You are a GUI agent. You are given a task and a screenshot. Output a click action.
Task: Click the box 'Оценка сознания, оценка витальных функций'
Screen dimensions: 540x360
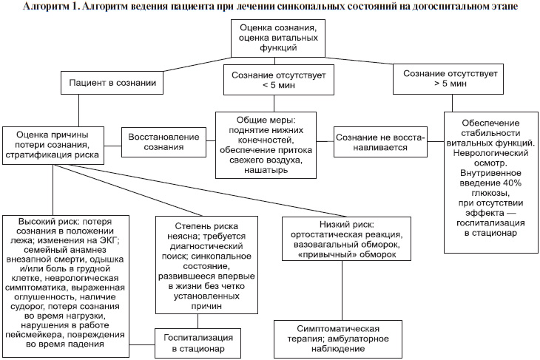(278, 38)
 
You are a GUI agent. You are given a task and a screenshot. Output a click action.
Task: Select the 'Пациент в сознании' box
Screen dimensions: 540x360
(112, 83)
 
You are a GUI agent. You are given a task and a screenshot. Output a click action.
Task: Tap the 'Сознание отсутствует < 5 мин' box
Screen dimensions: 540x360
(279, 80)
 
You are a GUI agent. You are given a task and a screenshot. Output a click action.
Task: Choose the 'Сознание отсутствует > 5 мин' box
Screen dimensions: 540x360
(448, 78)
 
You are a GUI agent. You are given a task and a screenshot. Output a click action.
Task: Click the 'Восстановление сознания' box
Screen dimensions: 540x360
(163, 142)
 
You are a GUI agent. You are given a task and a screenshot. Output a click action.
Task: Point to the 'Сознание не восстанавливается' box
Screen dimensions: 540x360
(380, 142)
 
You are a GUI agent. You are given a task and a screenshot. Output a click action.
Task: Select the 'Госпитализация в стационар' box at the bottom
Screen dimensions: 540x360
(198, 343)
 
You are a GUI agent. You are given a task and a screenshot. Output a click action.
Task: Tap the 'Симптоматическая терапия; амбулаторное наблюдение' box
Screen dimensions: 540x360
(338, 339)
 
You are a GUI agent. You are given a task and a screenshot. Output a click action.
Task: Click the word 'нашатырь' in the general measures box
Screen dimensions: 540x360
(266, 170)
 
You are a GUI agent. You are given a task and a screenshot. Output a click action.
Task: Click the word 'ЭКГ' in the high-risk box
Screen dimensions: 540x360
(110, 240)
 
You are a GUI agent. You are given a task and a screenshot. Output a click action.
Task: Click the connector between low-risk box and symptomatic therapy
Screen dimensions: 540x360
(342, 291)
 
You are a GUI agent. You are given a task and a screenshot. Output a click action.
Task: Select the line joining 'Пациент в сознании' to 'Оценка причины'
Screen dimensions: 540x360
(79, 110)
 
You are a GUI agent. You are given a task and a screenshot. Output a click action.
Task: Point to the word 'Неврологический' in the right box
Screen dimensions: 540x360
(490, 153)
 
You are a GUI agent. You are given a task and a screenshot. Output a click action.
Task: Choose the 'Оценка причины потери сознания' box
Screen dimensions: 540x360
(53, 146)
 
